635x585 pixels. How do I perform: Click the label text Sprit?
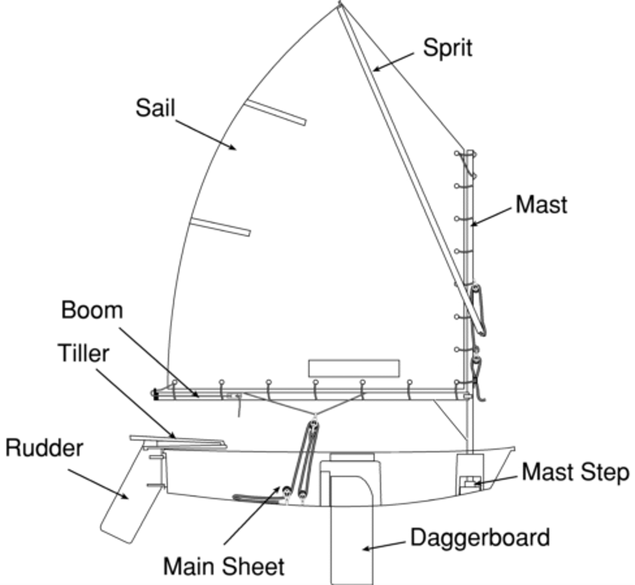pos(447,48)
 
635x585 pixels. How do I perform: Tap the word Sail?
pos(155,108)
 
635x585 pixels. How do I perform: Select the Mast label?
pos(541,205)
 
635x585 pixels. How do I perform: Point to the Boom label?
pos(92,310)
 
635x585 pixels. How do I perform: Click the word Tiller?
pos(84,353)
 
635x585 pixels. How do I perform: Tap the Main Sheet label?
pos(223,566)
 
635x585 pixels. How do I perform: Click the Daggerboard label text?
pos(480,537)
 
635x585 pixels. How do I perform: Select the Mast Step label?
pos(575,472)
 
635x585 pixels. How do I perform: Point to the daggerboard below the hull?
pos(351,545)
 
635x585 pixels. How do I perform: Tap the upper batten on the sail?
pos(275,112)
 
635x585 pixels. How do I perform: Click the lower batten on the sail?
pos(220,227)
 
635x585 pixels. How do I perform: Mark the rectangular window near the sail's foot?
pos(353,368)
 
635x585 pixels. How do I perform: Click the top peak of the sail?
pos(340,5)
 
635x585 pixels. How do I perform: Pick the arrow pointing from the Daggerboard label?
pos(384,545)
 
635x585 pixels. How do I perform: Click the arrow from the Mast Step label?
pos(496,480)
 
